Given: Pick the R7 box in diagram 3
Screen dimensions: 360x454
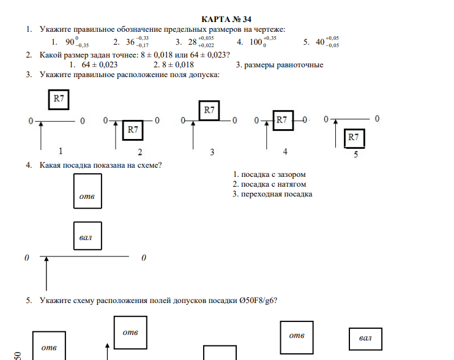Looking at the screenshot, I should (x=209, y=110).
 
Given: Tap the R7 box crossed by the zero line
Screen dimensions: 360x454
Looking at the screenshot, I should (x=281, y=121).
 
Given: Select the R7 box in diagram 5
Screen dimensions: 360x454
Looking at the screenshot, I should (x=354, y=138).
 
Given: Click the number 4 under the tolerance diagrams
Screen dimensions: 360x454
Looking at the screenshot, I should (x=285, y=152).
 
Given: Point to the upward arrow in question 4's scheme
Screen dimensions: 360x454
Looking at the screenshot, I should (x=47, y=274).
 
